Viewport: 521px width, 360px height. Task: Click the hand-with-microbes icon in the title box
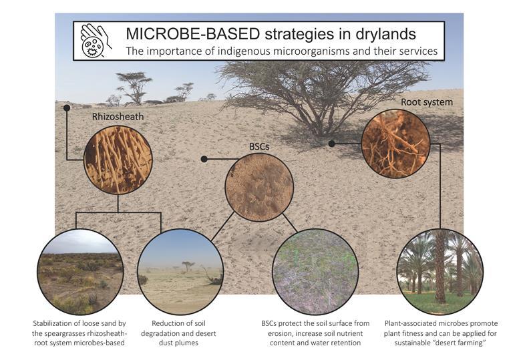[x=94, y=41]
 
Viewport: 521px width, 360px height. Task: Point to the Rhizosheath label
[x=118, y=117]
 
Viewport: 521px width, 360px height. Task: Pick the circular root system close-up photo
[x=395, y=144]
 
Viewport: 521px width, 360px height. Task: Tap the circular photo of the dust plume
[x=179, y=271]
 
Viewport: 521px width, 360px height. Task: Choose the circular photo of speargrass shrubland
[x=80, y=271]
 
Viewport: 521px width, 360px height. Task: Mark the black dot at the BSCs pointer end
[x=204, y=159]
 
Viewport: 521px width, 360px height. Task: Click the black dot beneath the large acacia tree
[x=331, y=143]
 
